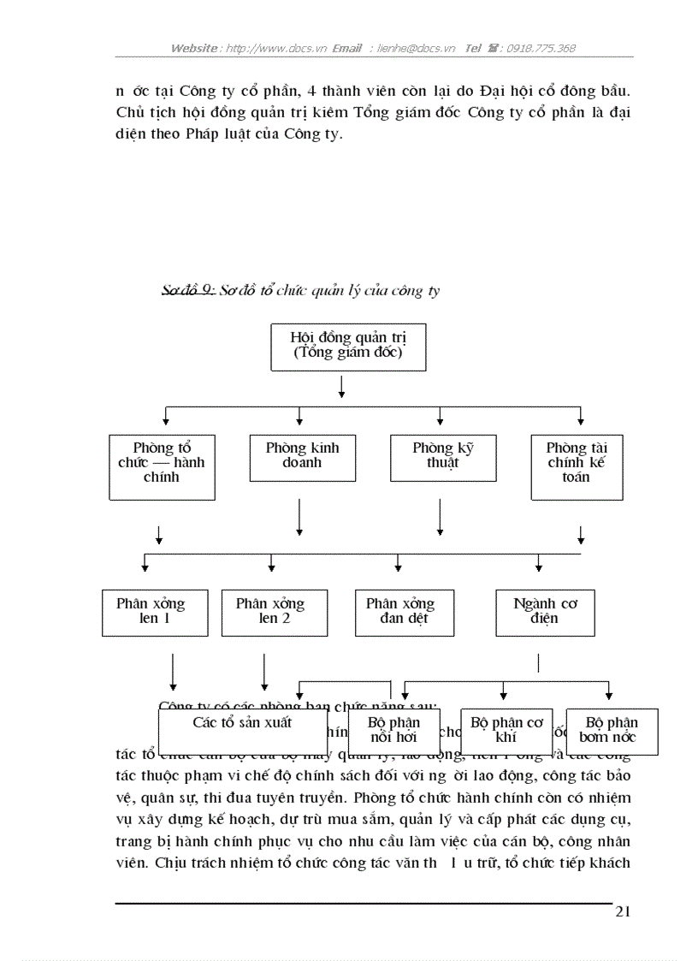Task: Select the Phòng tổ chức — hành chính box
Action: [162, 467]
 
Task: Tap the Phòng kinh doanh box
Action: [302, 457]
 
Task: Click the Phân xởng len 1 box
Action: [155, 612]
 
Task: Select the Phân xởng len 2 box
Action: [274, 612]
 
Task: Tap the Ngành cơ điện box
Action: [545, 612]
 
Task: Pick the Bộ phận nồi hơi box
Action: [393, 730]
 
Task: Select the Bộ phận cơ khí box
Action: [506, 730]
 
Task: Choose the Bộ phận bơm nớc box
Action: [612, 731]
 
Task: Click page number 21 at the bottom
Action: [623, 911]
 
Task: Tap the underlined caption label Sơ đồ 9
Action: [187, 291]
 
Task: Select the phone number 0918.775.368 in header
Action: [541, 49]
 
